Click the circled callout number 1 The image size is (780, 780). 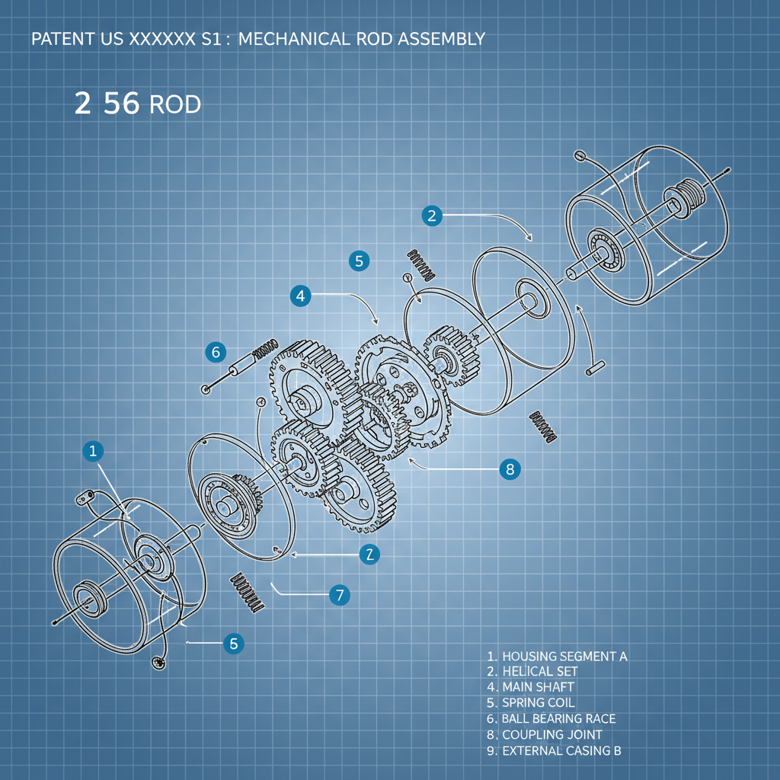(x=92, y=451)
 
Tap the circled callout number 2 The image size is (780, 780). (x=432, y=216)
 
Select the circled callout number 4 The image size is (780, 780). (x=301, y=296)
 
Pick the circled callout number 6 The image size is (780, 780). (x=216, y=352)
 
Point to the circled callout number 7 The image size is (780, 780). (x=339, y=595)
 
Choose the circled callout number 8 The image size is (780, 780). (x=510, y=469)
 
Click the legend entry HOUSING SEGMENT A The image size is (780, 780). (x=564, y=656)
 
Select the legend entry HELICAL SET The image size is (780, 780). (x=539, y=672)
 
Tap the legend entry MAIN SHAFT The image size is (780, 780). (x=538, y=687)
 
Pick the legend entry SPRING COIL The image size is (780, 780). (x=538, y=703)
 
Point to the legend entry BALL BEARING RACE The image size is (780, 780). (x=558, y=718)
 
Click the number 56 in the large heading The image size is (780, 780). (x=122, y=104)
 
